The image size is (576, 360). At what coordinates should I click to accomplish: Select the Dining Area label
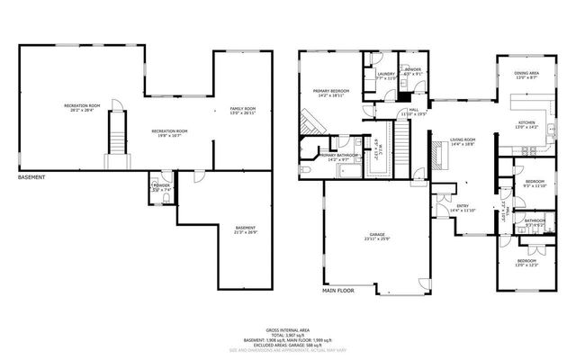click(526, 75)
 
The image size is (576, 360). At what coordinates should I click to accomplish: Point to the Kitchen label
click(526, 124)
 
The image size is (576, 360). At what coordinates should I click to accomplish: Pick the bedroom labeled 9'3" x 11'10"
click(535, 184)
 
